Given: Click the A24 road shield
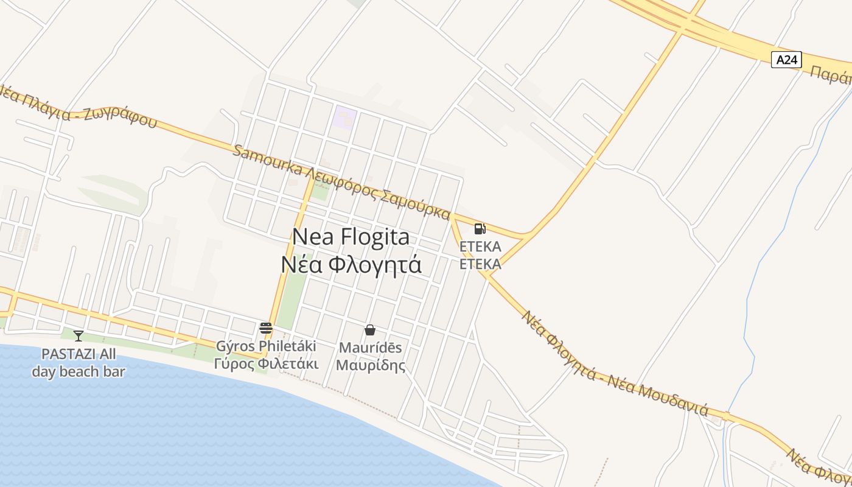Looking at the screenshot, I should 786,60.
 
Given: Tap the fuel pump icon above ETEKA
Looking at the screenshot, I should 480,229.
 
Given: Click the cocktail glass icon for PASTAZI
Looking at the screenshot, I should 79,335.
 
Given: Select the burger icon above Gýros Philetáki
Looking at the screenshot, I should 265,328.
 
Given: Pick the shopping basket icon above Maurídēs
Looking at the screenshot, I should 369,330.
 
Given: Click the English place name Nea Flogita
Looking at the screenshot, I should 351,237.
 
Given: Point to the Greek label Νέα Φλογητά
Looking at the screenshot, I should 351,265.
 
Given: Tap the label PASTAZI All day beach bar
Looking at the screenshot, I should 79,363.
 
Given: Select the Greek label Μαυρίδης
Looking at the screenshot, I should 370,366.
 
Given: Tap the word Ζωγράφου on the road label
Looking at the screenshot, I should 125,116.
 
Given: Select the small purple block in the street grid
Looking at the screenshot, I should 343,117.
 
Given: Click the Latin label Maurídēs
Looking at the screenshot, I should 370,348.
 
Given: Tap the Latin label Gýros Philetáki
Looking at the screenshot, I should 266,346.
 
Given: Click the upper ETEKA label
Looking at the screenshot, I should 480,247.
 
